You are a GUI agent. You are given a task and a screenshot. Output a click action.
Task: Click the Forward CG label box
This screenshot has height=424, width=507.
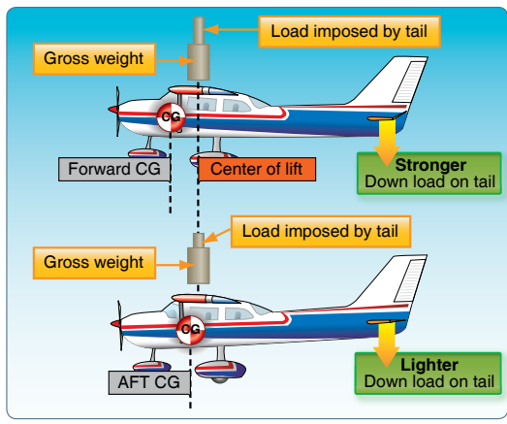tap(114, 169)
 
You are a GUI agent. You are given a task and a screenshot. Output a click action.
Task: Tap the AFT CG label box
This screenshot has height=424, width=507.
tap(149, 382)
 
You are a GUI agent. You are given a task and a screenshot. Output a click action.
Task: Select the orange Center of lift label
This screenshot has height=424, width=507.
tap(257, 169)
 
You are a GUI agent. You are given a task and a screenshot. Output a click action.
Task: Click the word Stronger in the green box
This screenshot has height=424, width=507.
tap(430, 165)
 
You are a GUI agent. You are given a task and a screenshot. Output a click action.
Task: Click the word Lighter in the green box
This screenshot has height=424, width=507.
tap(429, 365)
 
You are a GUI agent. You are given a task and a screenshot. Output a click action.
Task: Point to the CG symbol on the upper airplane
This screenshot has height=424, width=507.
tap(171, 117)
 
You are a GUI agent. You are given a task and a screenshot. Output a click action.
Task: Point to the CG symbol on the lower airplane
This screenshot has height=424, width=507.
tap(191, 330)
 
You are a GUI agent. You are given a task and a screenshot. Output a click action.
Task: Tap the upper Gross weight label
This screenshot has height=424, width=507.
tap(94, 59)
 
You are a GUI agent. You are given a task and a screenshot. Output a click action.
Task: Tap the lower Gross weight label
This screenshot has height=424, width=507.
tap(94, 263)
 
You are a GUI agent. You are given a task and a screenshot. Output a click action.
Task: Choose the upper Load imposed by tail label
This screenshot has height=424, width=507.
tap(350, 32)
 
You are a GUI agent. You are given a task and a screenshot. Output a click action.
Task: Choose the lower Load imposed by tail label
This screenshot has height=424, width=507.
tap(321, 232)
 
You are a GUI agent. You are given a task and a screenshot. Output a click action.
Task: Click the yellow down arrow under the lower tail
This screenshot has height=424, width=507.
tap(387, 344)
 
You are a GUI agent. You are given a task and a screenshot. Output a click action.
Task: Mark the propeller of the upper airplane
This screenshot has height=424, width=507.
tap(117, 111)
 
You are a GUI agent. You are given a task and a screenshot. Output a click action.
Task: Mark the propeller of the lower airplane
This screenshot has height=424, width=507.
tap(120, 325)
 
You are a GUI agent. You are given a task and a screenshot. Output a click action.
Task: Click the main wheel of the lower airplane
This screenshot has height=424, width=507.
tap(220, 373)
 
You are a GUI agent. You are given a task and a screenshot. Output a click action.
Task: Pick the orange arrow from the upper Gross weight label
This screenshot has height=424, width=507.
tap(175, 61)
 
